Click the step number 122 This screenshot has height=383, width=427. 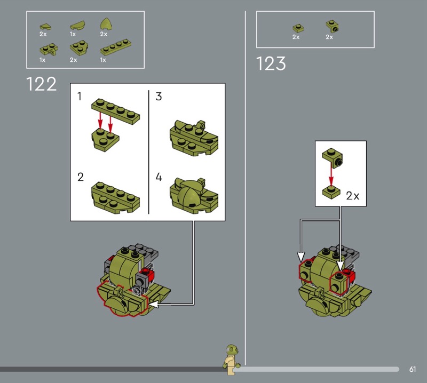pyautogui.click(x=42, y=84)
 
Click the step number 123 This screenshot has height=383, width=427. pyautogui.click(x=271, y=63)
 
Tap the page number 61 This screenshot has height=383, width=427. pyautogui.click(x=413, y=369)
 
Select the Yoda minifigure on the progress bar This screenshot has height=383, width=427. pyautogui.click(x=231, y=360)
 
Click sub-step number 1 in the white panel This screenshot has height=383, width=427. pyautogui.click(x=79, y=97)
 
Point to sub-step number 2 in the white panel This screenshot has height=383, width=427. pyautogui.click(x=81, y=177)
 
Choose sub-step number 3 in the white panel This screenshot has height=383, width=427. pyautogui.click(x=159, y=97)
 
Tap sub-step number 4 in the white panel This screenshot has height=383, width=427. pyautogui.click(x=159, y=177)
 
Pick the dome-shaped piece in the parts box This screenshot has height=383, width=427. pyautogui.click(x=106, y=25)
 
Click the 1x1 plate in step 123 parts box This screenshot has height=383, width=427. pyautogui.click(x=298, y=28)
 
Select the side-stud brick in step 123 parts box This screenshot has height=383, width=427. pyautogui.click(x=332, y=26)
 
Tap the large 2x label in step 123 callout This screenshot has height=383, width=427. pyautogui.click(x=353, y=196)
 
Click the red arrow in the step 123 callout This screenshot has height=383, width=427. pyautogui.click(x=331, y=173)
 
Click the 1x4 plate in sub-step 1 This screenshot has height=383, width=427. pyautogui.click(x=115, y=111)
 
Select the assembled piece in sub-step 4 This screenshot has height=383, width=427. pyautogui.click(x=194, y=196)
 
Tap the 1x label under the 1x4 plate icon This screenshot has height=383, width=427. pyautogui.click(x=103, y=60)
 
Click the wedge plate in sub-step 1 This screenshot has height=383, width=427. pyautogui.click(x=105, y=140)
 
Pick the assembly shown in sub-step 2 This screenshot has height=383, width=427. pyautogui.click(x=115, y=197)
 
